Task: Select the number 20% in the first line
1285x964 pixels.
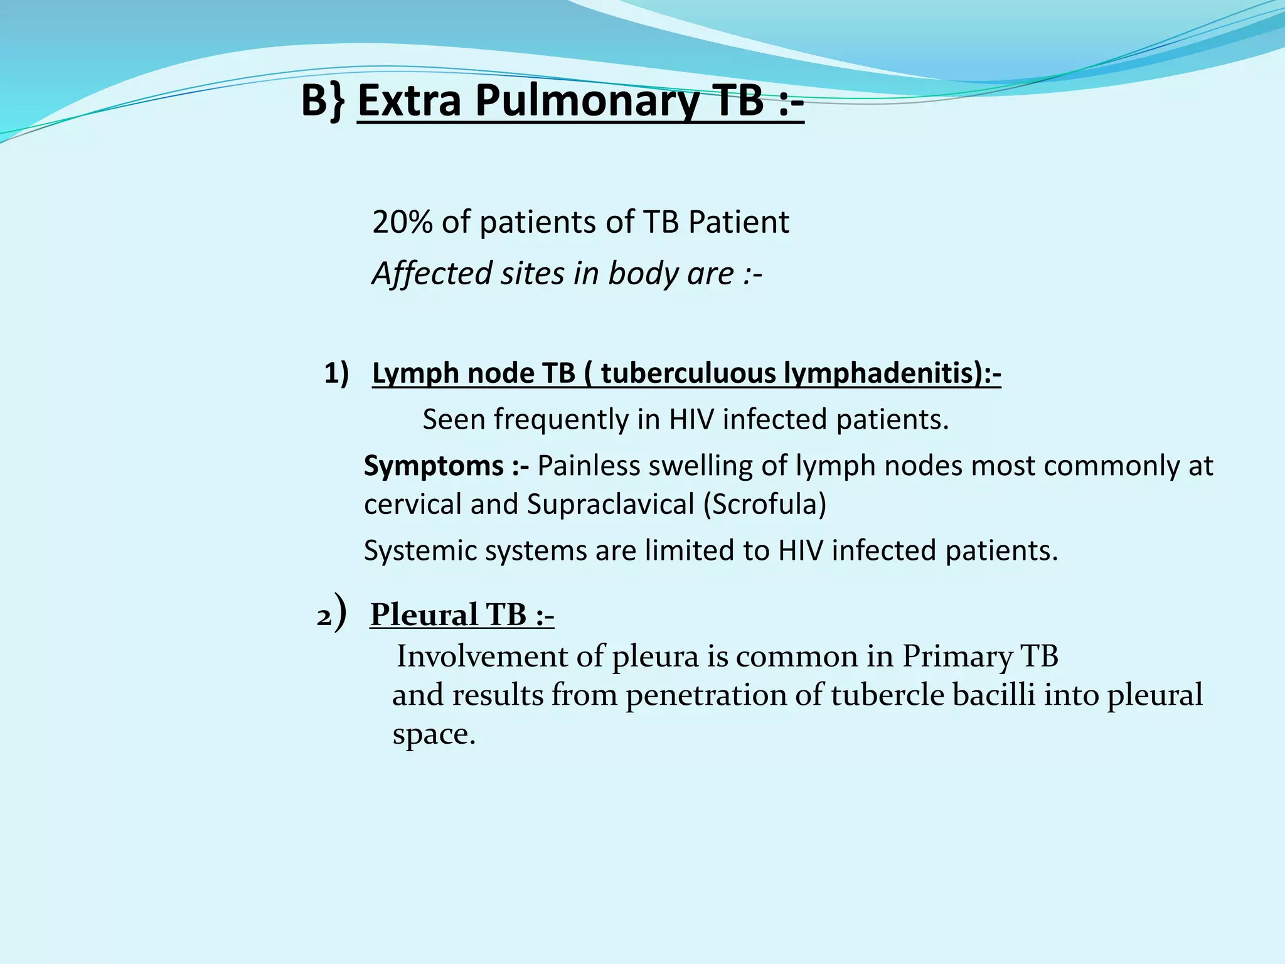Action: tap(402, 222)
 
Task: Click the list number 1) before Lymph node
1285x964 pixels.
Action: tap(336, 373)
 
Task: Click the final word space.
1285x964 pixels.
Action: tap(433, 734)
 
